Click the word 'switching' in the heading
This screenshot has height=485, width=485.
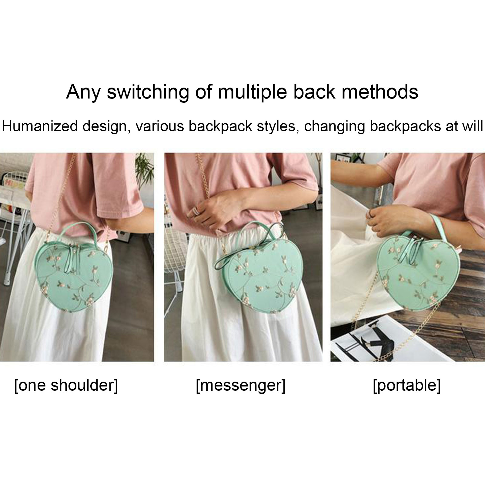point(148,92)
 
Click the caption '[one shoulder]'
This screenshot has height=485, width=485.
point(66,386)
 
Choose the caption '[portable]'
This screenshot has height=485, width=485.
point(407,386)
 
